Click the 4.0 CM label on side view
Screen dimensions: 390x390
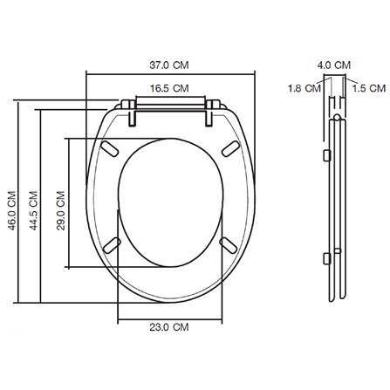[x=334, y=64]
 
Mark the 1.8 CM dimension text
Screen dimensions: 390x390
[x=304, y=87]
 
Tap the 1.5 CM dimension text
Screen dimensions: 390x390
[x=367, y=87]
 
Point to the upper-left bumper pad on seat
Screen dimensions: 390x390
[x=111, y=148]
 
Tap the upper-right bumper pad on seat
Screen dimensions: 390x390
[x=230, y=148]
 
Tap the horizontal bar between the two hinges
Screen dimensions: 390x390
[x=170, y=105]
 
